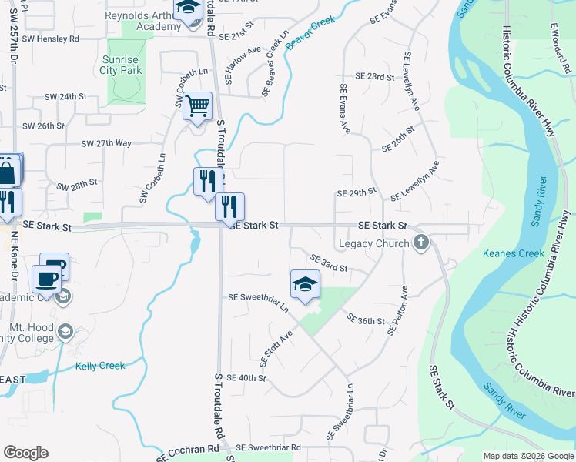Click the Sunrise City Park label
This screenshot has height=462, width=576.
tap(121, 65)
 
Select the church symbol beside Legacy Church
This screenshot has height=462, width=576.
tap(420, 243)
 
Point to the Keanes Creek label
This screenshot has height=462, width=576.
tap(508, 253)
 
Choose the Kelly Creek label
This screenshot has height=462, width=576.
tap(100, 366)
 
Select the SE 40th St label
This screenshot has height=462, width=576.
tap(247, 378)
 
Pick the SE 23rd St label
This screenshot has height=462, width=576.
tap(375, 77)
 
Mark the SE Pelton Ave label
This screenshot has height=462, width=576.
tap(397, 310)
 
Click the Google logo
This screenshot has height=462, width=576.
tap(25, 453)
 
